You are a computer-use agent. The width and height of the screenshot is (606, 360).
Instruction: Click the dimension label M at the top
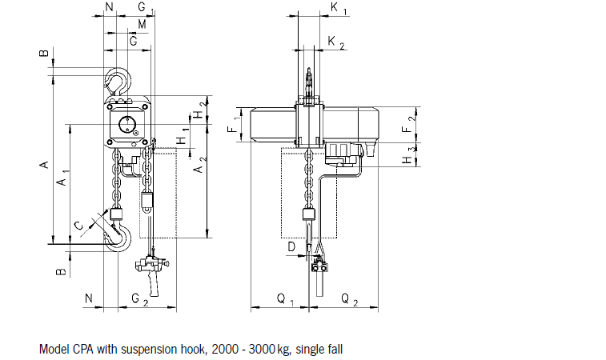[x=142, y=25]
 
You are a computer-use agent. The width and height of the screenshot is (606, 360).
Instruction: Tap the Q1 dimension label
[x=285, y=298]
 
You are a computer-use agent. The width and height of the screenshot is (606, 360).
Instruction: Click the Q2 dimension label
[x=350, y=298]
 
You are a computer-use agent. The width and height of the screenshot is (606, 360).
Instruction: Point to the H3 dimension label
[x=410, y=155]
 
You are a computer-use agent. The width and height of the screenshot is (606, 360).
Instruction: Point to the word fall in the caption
[x=336, y=350]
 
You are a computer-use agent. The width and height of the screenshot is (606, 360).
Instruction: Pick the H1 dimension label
[x=183, y=134]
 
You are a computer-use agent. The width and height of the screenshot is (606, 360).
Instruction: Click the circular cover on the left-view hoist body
[x=126, y=124]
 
